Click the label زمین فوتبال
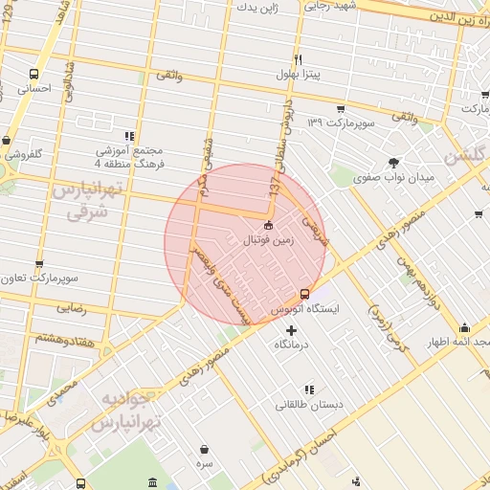[x=269, y=241]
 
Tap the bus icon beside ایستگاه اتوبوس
[x=304, y=294]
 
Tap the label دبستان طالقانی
[x=306, y=404]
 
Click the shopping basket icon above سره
[x=205, y=449]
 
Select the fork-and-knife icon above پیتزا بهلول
[x=299, y=59]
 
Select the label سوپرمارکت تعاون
[x=38, y=279]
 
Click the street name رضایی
[x=72, y=308]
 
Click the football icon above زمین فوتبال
[x=268, y=226]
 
